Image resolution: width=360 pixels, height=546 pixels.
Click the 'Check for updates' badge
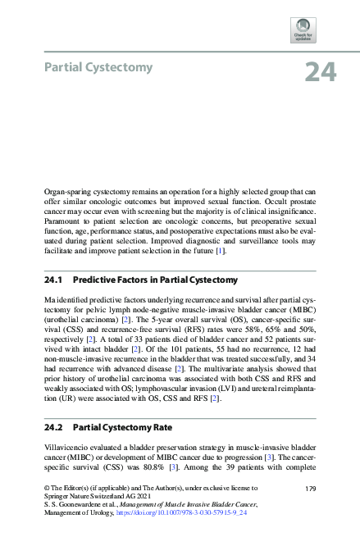303,31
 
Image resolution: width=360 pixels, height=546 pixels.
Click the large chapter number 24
321,73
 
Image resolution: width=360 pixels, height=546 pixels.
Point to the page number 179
310,489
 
